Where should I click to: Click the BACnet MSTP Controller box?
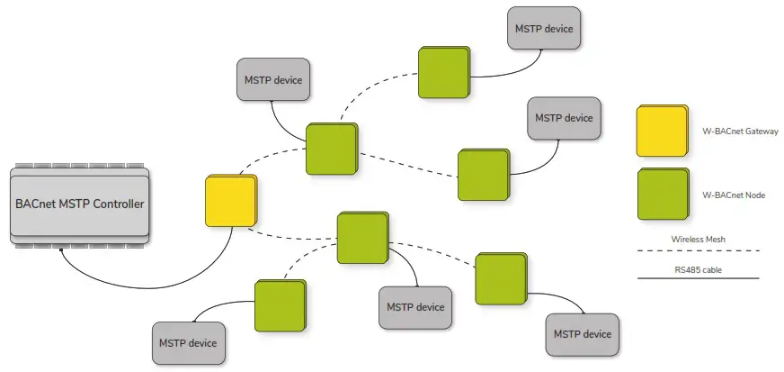pos(80,204)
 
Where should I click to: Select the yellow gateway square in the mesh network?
pos(230,201)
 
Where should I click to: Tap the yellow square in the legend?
pos(661,132)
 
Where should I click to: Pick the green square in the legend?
pos(661,194)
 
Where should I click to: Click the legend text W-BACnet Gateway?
pos(739,132)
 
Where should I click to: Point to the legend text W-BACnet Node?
pos(733,195)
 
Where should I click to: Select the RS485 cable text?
pos(697,268)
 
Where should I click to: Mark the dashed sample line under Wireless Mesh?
pos(698,250)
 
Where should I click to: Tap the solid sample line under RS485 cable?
pos(698,278)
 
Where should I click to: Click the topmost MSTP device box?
pos(543,29)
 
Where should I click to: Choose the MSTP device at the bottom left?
pos(189,342)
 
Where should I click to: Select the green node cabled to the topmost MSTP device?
pos(443,73)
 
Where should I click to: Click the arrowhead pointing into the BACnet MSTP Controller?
pos(62,253)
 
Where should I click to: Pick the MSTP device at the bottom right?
pos(582,334)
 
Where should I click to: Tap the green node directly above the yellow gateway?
pos(331,149)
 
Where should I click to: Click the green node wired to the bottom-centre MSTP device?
pos(362,238)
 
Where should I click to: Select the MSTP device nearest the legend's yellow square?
pos(564,118)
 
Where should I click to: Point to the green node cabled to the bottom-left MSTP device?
pos(280,304)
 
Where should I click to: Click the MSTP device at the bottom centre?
pos(415,307)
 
